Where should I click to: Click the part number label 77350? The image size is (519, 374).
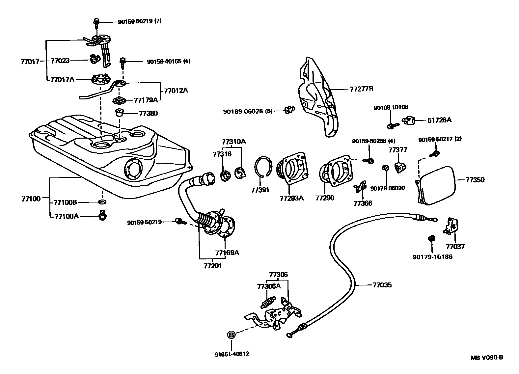coord(475,180)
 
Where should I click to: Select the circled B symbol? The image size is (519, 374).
coord(231,335)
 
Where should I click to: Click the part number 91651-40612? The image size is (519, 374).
coord(231,354)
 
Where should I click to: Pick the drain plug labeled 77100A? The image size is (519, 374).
coord(102,216)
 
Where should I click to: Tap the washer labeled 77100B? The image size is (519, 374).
coord(102,201)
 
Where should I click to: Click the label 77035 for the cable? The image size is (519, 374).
coord(382,285)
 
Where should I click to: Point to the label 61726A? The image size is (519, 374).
coord(439,120)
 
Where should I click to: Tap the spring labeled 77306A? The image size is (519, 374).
coord(269,302)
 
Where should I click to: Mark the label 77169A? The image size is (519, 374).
coord(227,253)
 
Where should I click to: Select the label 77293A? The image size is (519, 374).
coord(291,198)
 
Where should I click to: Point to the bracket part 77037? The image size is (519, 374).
coord(450,227)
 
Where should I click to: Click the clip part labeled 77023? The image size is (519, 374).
coord(95,60)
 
